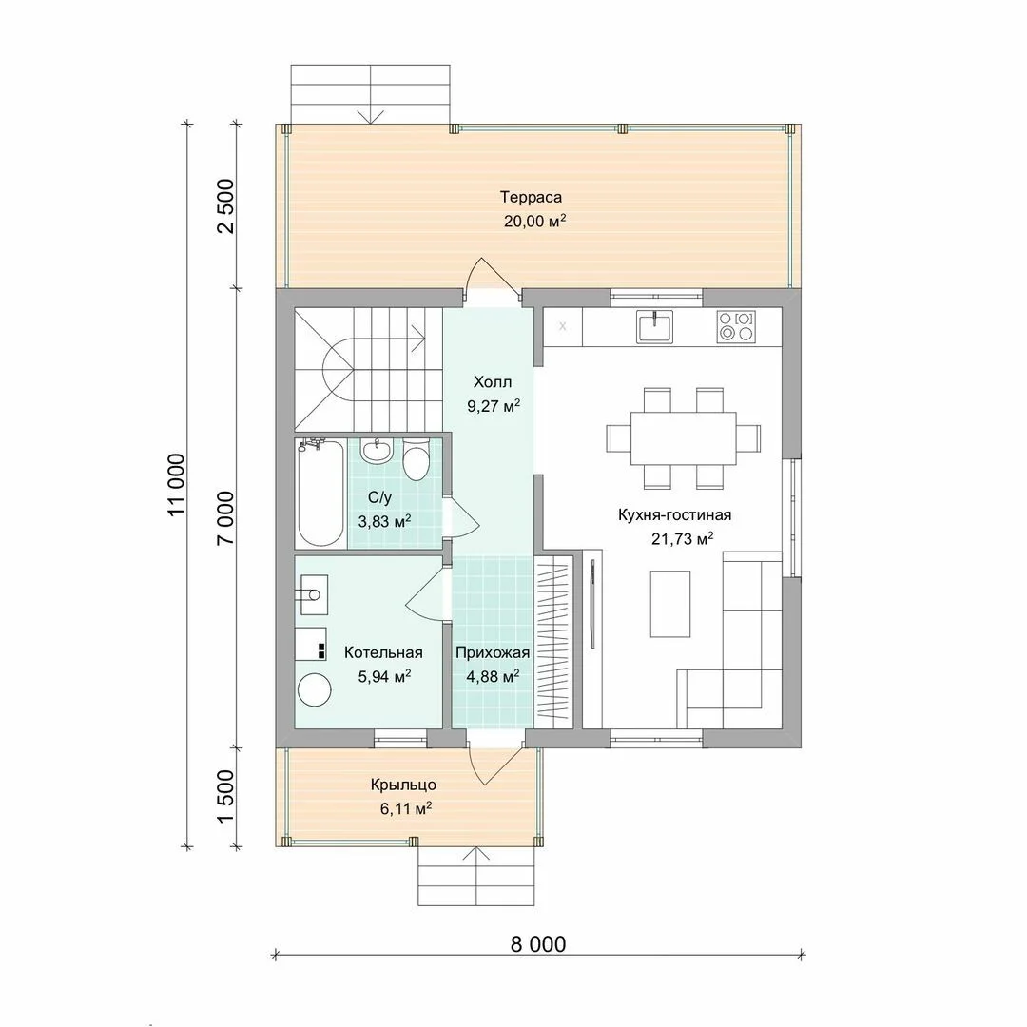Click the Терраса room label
(x=532, y=197)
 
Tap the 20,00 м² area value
(x=534, y=221)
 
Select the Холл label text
(x=493, y=382)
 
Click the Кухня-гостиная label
(x=674, y=514)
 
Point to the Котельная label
(x=383, y=652)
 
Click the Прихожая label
(x=493, y=652)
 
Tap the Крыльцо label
(x=403, y=785)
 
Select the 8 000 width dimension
(x=537, y=944)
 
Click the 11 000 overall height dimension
(x=177, y=485)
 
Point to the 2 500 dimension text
(x=225, y=205)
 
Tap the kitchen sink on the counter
(x=654, y=325)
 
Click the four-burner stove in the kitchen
(x=735, y=325)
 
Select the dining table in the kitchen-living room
(x=683, y=438)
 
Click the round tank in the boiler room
(x=315, y=689)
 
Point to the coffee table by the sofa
(x=670, y=604)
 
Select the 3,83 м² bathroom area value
(x=384, y=521)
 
